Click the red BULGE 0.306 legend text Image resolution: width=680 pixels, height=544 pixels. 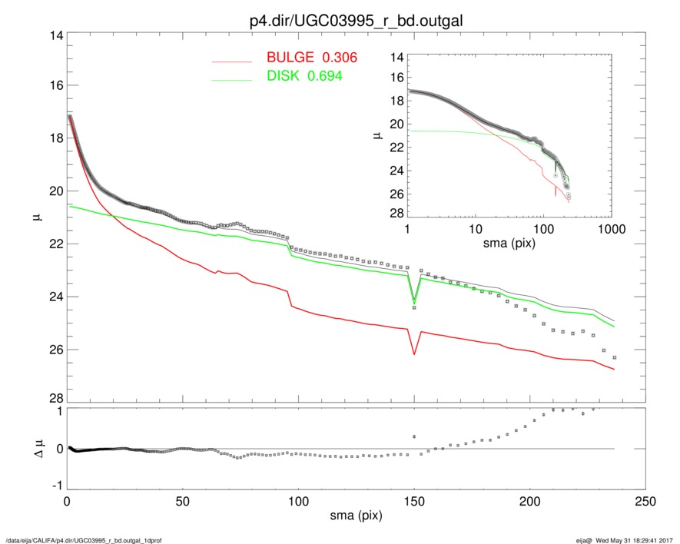pos(312,58)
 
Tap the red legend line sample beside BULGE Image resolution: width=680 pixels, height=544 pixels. pos(232,61)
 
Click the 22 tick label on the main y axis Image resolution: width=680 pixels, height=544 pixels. pos(55,244)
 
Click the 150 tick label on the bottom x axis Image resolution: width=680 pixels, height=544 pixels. pos(414,502)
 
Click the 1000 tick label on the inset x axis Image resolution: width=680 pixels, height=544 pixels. pos(612,231)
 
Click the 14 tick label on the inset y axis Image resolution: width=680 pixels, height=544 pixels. pos(397,57)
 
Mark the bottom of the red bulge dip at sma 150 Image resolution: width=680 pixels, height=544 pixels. pos(414,354)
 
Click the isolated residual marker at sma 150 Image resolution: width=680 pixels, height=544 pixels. pos(414,436)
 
